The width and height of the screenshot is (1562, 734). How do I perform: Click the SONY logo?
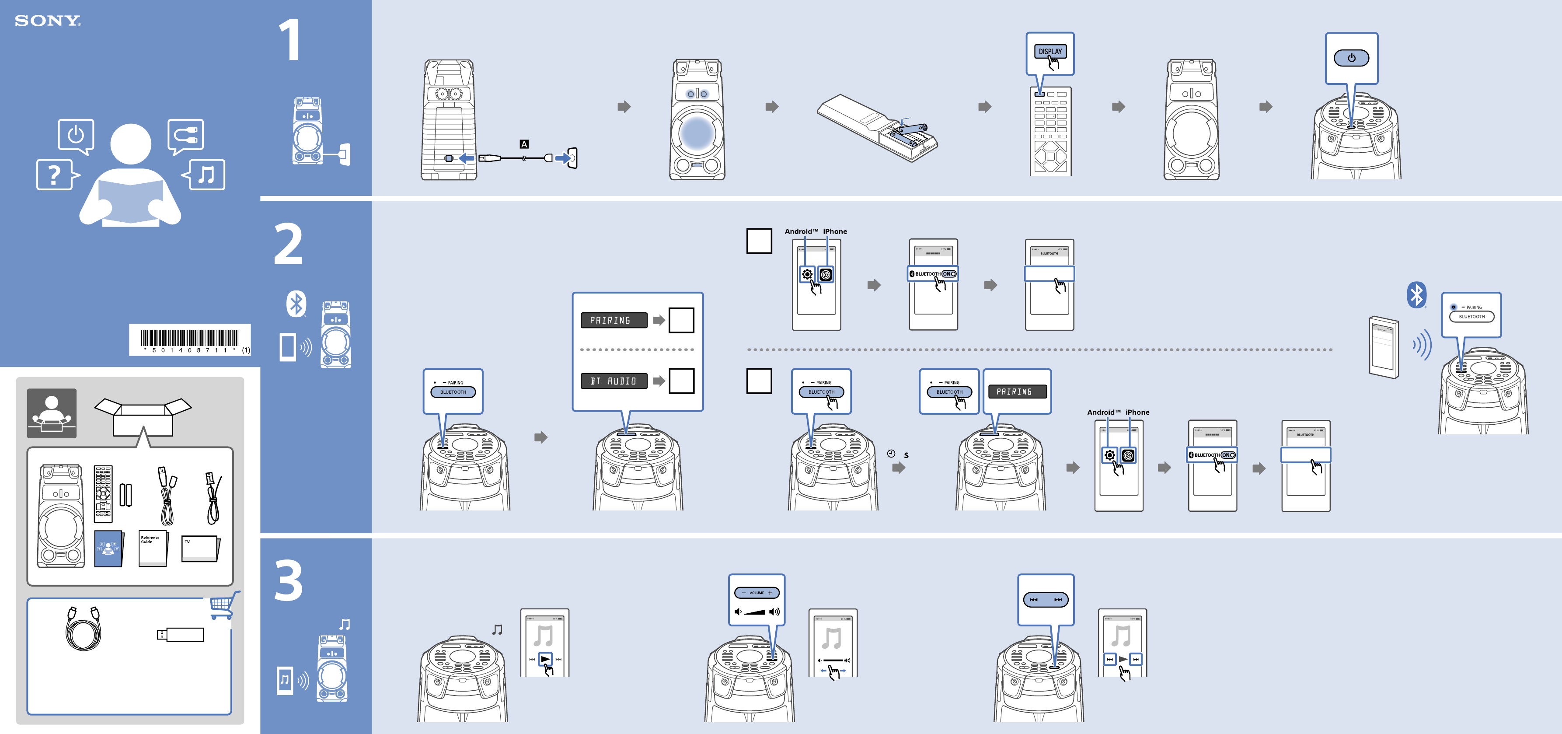coord(47,21)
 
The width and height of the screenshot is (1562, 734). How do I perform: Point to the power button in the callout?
coord(1351,58)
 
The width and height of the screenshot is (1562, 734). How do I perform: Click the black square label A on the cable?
coord(524,144)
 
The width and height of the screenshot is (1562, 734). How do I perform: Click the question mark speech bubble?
coord(55,175)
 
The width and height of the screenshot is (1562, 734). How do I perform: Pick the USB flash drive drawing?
coord(181,635)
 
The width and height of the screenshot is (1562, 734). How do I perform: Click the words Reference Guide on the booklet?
coord(150,539)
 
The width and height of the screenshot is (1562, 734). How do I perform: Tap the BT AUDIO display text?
coord(614,381)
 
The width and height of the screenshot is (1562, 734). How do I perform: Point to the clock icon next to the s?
coord(891,454)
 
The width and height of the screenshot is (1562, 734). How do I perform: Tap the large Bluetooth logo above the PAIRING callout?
coord(1416,295)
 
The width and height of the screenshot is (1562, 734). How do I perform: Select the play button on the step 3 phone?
coord(545,659)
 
